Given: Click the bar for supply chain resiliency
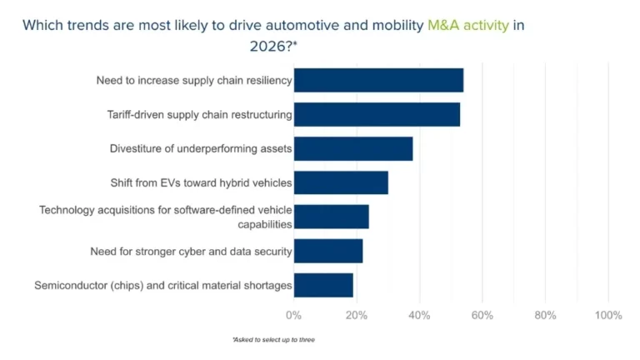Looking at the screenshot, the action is [379, 80].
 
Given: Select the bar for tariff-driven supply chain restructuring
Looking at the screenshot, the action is [377, 114].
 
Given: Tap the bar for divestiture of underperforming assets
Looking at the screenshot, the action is [353, 148].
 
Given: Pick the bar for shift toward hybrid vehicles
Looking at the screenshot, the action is [341, 182].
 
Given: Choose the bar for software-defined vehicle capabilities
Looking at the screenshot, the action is [332, 217].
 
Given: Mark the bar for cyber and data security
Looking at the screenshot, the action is [328, 251].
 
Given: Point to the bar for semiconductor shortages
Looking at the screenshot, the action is [323, 285].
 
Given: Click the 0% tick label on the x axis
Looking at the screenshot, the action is [293, 315].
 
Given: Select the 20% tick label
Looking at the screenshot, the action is [357, 315].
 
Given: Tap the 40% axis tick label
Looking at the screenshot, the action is [420, 315].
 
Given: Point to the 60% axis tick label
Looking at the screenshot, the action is [482, 315].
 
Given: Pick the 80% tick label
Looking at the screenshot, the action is [545, 315].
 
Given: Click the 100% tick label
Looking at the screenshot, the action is [608, 315].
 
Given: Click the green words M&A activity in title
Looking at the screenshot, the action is [468, 26].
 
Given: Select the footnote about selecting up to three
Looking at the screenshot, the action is [274, 340].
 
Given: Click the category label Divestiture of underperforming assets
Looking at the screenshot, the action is [201, 148].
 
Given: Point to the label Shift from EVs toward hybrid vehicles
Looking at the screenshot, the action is [201, 182].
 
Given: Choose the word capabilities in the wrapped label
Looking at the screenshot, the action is [265, 224].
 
